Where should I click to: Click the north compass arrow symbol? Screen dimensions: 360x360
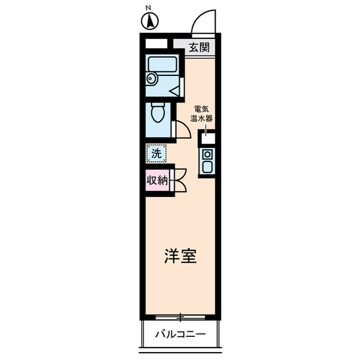pyautogui.click(x=149, y=21)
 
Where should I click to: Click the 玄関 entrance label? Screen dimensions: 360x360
pyautogui.click(x=199, y=47)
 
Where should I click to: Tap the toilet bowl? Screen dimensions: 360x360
pyautogui.click(x=157, y=114)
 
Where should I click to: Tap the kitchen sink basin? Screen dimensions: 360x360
pyautogui.click(x=207, y=167)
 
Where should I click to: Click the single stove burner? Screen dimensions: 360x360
pyautogui.click(x=207, y=154)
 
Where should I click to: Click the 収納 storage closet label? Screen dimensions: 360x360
pyautogui.click(x=157, y=180)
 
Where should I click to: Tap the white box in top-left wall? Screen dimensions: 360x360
pyautogui.click(x=157, y=43)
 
